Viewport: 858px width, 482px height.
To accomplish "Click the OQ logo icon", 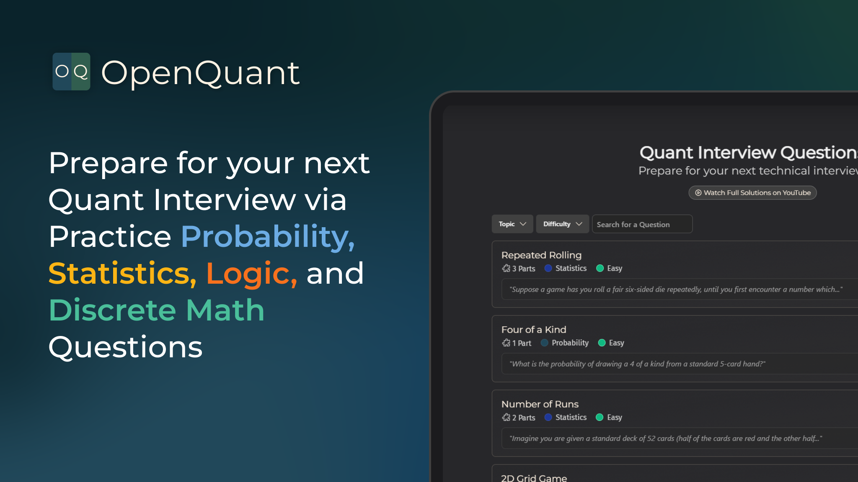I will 71,72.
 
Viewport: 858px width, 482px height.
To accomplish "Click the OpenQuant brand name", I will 200,73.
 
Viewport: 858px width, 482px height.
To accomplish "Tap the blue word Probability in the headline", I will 267,237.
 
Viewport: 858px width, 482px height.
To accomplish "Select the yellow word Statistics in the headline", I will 122,274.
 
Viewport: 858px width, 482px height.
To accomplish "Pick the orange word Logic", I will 251,274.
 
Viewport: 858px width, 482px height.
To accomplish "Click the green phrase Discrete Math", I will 156,310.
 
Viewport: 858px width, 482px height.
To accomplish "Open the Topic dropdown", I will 512,224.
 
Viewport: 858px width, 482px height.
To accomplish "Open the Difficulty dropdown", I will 562,224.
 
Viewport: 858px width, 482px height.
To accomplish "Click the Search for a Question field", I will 642,224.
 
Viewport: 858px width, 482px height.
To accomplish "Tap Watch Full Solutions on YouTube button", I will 752,193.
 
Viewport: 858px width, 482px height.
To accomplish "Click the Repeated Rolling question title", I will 541,255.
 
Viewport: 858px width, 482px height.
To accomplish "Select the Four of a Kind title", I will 533,330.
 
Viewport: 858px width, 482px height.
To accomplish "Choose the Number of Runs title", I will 540,404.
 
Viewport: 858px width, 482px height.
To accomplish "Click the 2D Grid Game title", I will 534,478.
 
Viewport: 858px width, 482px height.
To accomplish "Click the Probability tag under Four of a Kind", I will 569,343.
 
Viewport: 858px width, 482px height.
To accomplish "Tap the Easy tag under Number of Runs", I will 614,418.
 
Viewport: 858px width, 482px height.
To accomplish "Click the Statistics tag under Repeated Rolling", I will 570,269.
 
